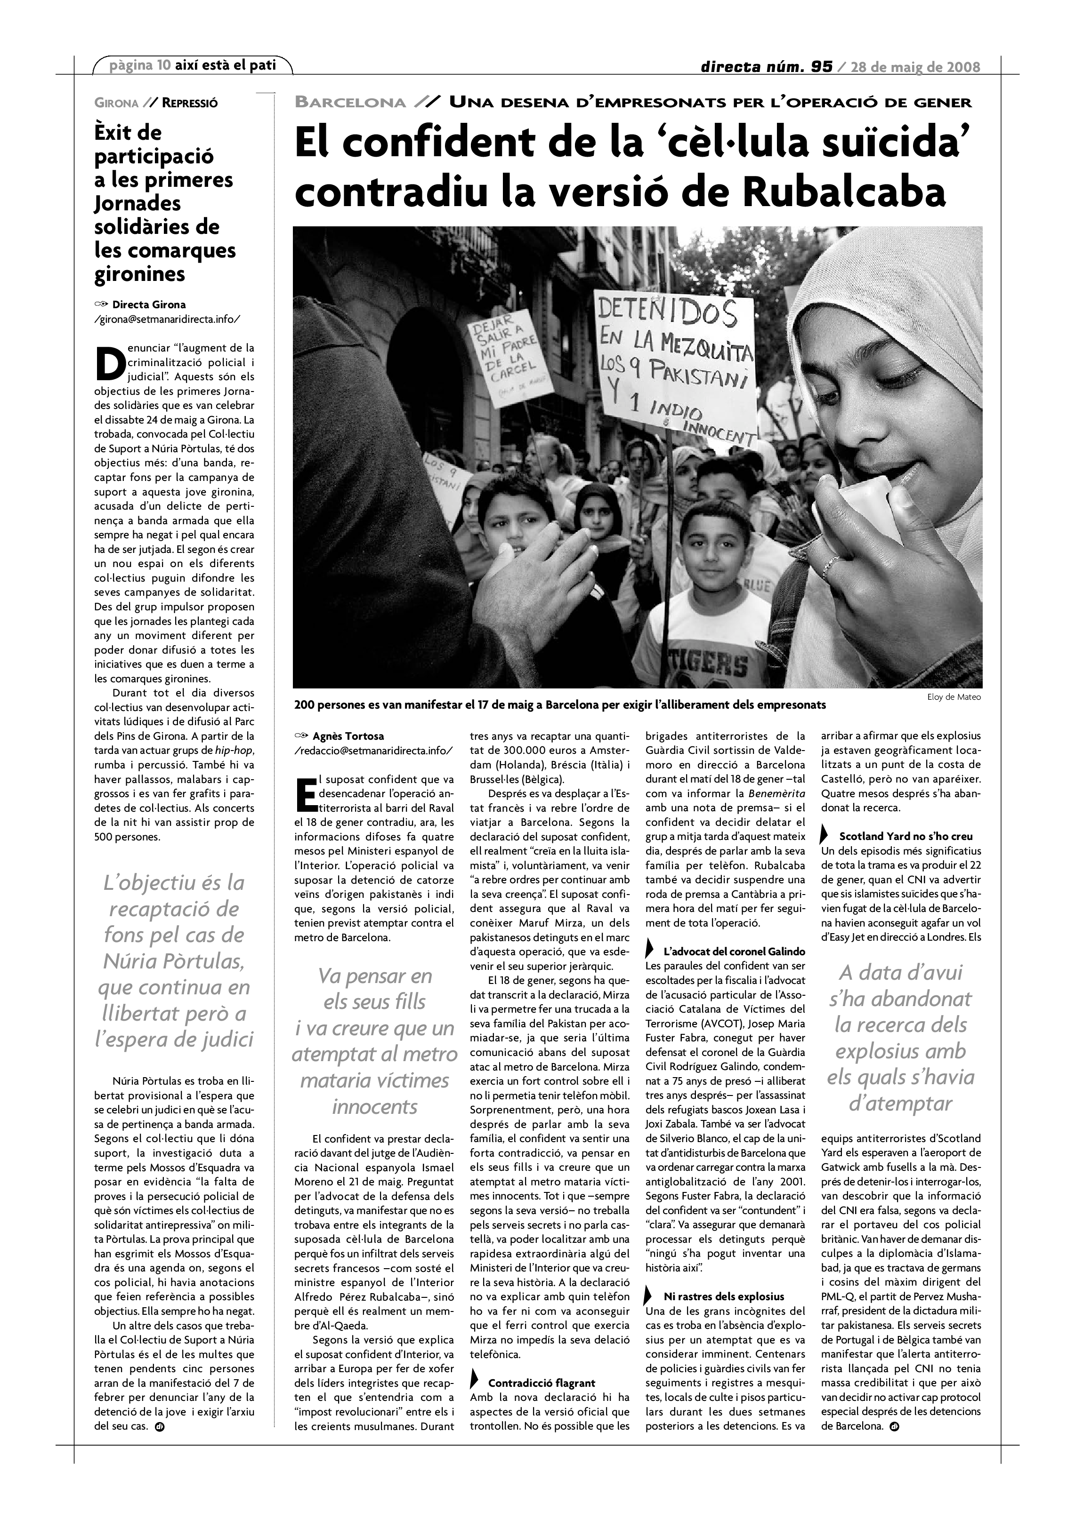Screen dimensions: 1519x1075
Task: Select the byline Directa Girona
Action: click(149, 304)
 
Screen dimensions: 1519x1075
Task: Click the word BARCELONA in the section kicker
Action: click(350, 102)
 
